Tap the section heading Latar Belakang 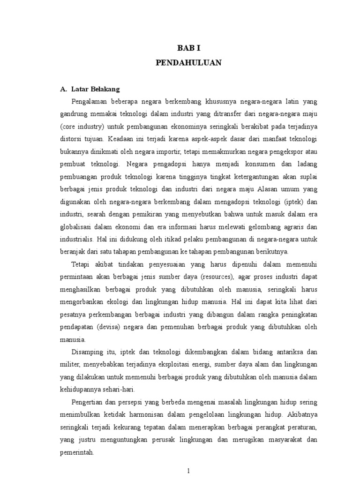click(96, 89)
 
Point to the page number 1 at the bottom click(188, 471)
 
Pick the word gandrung click(75, 114)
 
